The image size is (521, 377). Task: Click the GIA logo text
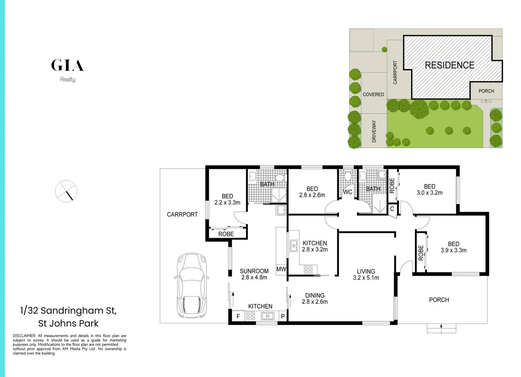(67, 65)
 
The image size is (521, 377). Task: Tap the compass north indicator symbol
(66, 191)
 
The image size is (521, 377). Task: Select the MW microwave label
(281, 269)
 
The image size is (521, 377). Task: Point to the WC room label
(347, 192)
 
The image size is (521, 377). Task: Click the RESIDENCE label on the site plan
(449, 65)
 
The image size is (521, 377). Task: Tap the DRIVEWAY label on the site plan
(374, 131)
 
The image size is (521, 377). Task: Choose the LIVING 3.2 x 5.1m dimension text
(366, 278)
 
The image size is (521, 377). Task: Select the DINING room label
(314, 295)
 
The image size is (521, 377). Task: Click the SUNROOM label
(254, 271)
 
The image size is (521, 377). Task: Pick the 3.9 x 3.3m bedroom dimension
(454, 250)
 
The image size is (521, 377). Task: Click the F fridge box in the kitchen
(238, 316)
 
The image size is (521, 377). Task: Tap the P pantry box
(283, 316)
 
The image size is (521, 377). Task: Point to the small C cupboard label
(392, 209)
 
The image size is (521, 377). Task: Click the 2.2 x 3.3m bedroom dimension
(227, 202)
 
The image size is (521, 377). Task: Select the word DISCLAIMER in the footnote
(24, 336)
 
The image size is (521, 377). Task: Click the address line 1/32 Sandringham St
(68, 310)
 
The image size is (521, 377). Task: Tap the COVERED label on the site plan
(373, 95)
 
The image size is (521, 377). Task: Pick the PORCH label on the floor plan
(439, 300)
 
